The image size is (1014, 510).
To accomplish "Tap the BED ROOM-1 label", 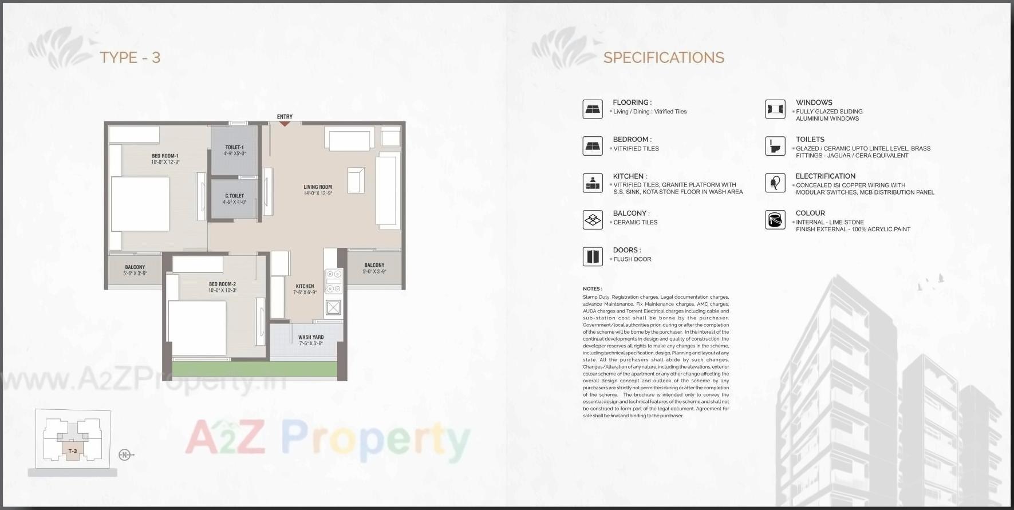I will click(x=165, y=156).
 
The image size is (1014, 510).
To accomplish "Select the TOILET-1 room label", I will click(x=235, y=148).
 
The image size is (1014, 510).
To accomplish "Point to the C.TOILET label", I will click(x=235, y=196).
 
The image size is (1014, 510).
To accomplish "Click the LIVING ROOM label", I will click(x=318, y=187).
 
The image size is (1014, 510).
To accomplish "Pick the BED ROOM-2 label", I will click(x=222, y=284).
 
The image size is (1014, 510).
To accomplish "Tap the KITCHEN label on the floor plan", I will click(x=305, y=286).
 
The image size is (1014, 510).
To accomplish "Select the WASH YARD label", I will click(x=311, y=338).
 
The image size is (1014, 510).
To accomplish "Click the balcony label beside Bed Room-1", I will click(x=135, y=267).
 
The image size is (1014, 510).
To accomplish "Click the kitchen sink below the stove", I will click(x=333, y=308).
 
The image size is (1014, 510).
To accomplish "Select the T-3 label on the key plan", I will click(x=73, y=452).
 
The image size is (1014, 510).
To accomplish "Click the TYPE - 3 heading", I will click(x=130, y=57).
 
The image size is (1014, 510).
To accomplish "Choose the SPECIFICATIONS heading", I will click(x=664, y=57).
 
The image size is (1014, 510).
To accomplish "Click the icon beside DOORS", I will click(x=593, y=256).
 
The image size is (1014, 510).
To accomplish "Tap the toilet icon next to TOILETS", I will click(x=775, y=146).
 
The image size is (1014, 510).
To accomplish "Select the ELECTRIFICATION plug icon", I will click(x=775, y=183).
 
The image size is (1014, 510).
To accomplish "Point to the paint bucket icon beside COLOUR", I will click(x=775, y=220).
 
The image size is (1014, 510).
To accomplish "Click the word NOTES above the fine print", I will click(x=592, y=289).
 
